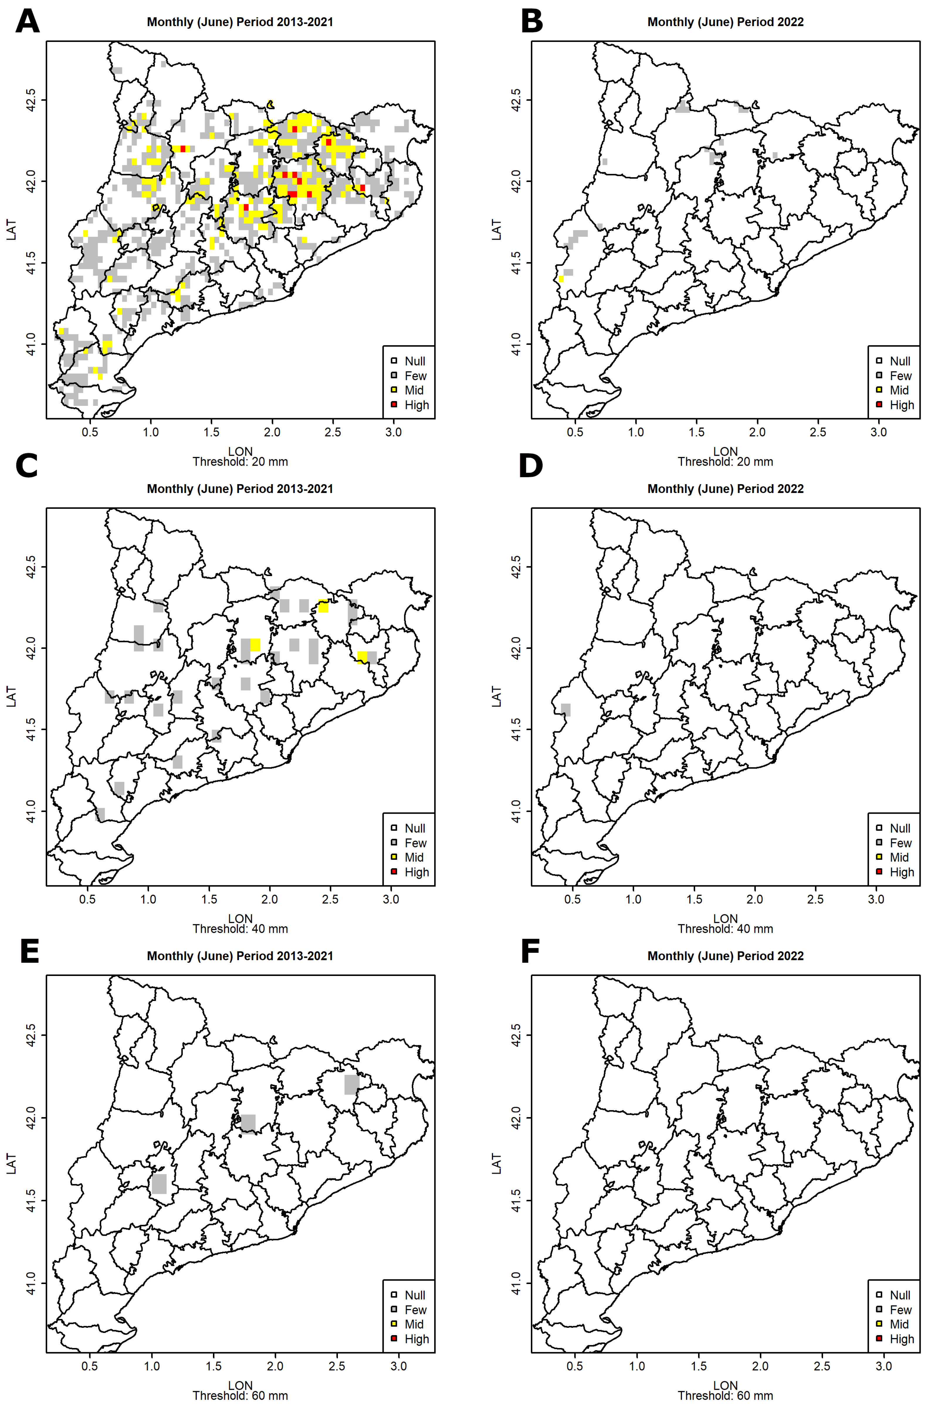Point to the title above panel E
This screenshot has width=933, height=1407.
coord(240,956)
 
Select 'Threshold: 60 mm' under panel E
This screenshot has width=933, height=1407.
coord(240,1396)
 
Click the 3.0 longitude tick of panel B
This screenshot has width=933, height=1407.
coord(878,432)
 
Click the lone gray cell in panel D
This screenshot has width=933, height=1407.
coord(565,710)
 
